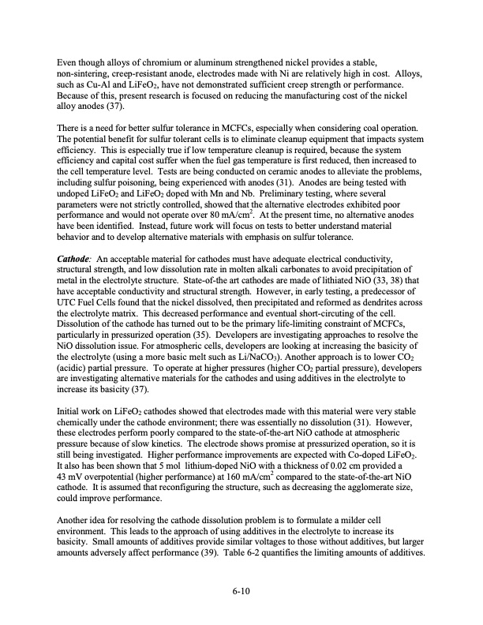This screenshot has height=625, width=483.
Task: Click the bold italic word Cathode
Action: point(73,257)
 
